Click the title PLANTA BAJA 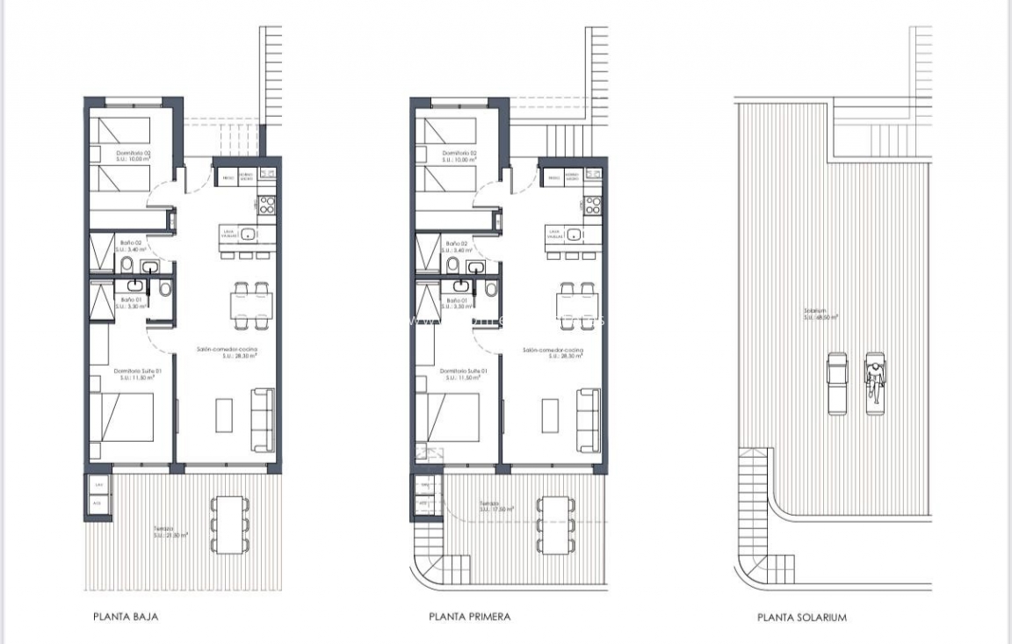126,617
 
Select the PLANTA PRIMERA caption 469,617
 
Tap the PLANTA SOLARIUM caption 801,618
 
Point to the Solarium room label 820,315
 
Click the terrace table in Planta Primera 555,525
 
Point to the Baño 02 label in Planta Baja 132,243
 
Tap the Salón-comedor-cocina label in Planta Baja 227,351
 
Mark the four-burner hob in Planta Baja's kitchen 267,206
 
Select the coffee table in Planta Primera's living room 551,416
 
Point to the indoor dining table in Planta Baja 250,305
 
